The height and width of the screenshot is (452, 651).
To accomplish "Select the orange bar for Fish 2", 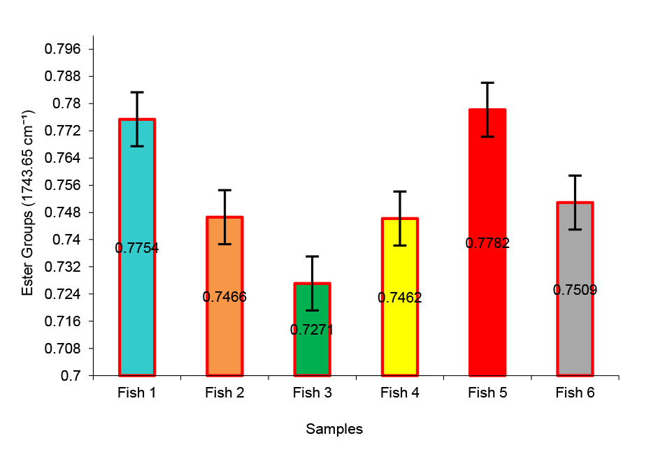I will pos(224,335).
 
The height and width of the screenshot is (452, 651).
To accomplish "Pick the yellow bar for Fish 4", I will pos(399,335).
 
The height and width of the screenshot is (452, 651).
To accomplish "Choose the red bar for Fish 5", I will pos(487,314).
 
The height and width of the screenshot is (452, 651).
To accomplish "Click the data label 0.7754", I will pos(137,248).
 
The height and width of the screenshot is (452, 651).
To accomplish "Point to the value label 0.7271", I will pos(312,330).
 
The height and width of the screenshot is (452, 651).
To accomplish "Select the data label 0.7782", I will pos(487,243).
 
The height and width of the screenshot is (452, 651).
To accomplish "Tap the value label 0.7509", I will pos(575,290).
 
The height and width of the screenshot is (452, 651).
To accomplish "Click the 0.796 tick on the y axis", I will pos(63,50).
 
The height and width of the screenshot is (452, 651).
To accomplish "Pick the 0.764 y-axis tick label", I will pos(63,159).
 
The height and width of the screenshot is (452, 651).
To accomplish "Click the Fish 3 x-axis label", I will pos(312,393).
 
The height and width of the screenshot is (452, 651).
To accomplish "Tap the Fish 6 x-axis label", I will pos(575,393).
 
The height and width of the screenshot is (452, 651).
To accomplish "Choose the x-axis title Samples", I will pos(334,430).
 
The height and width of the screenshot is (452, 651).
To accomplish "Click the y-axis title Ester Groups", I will pos(28,203).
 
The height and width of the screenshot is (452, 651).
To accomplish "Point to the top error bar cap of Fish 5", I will pos(487,82).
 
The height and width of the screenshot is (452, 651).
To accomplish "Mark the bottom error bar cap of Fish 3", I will pos(312,310).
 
